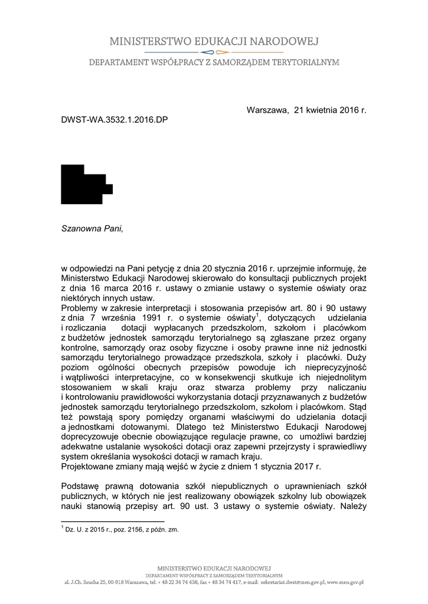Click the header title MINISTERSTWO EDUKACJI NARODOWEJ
tap(214, 41)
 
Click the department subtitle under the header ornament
tap(214, 62)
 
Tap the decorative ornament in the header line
tap(214, 52)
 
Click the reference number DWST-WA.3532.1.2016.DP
tap(115, 120)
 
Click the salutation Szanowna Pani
tap(93, 228)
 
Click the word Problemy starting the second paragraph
tap(81, 308)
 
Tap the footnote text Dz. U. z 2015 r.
tap(94, 530)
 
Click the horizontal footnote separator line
tap(112, 521)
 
